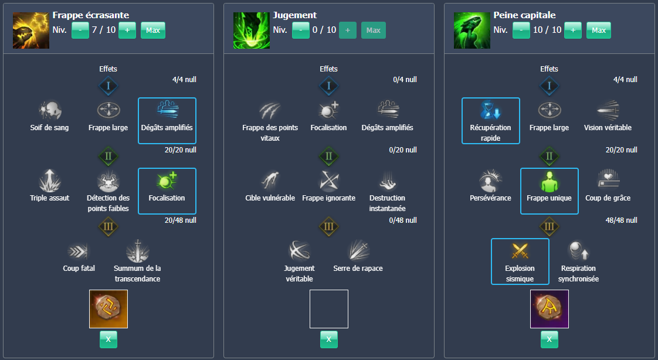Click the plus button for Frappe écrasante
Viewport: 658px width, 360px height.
(127, 30)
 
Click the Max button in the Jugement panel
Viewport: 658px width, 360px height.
(374, 30)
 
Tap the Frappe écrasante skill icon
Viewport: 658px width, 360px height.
(31, 30)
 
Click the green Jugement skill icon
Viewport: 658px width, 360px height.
(252, 30)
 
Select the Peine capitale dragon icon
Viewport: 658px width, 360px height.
(472, 30)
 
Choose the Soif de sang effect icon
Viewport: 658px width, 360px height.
(50, 110)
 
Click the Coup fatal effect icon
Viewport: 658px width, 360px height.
(79, 251)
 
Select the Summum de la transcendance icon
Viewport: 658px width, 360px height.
(137, 251)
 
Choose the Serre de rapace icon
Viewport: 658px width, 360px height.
(358, 251)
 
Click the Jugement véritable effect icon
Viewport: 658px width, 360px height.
(300, 251)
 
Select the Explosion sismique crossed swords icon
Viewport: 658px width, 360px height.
(520, 251)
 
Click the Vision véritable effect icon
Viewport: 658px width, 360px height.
(608, 110)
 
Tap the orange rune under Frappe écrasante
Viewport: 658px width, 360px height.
(108, 309)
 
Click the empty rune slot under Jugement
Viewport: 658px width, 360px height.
(329, 309)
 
